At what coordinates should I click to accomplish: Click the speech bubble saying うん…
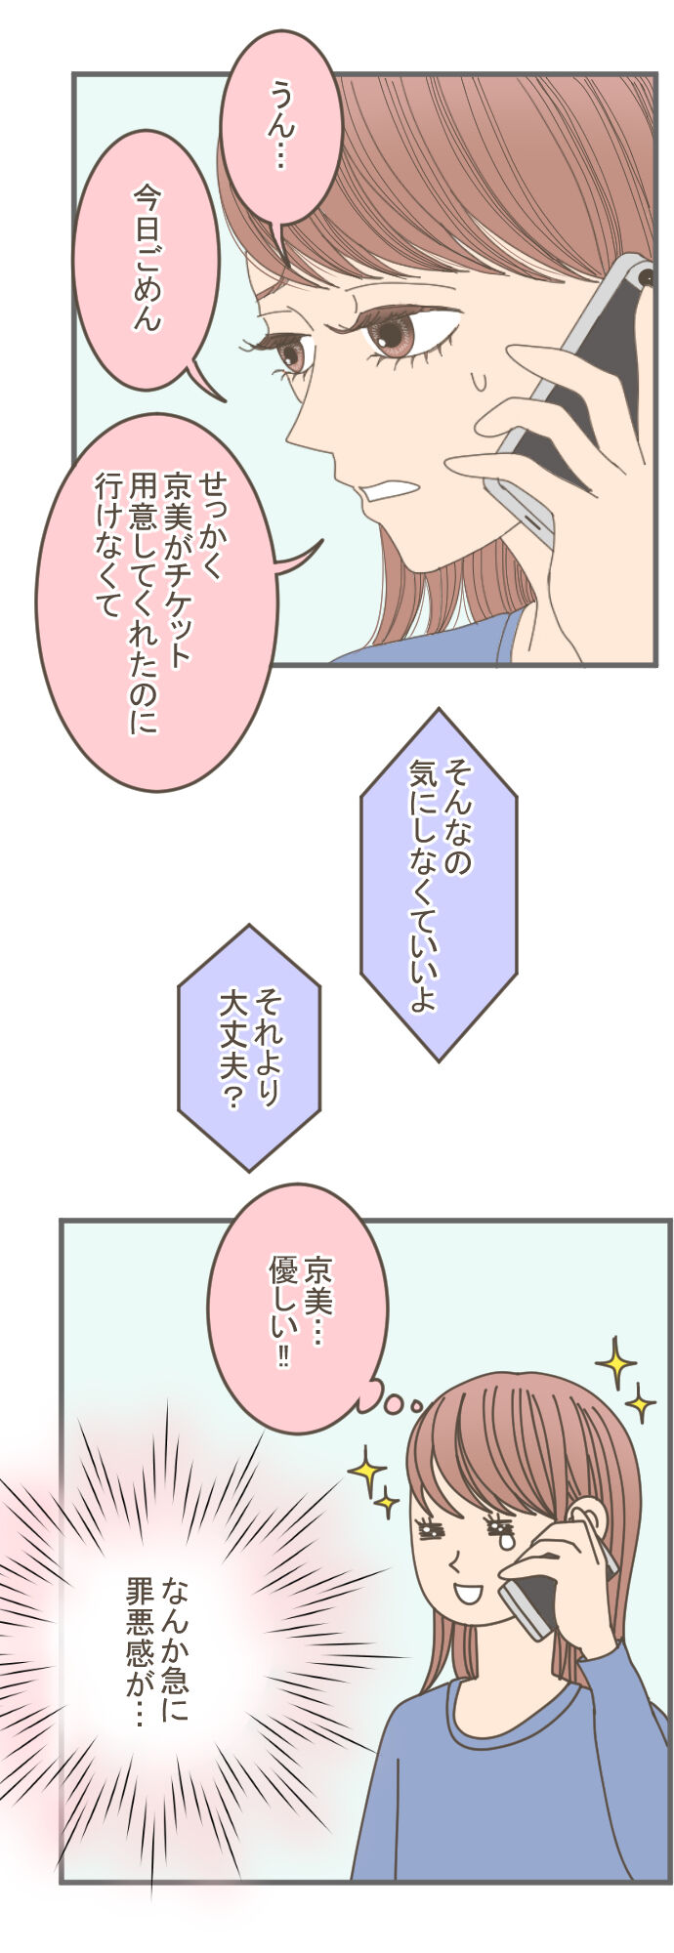click(280, 127)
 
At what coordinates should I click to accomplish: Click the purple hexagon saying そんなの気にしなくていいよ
click(439, 884)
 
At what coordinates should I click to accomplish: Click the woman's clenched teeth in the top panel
click(388, 489)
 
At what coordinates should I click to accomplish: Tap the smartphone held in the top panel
click(576, 391)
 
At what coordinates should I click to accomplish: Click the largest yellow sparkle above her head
click(615, 1363)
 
